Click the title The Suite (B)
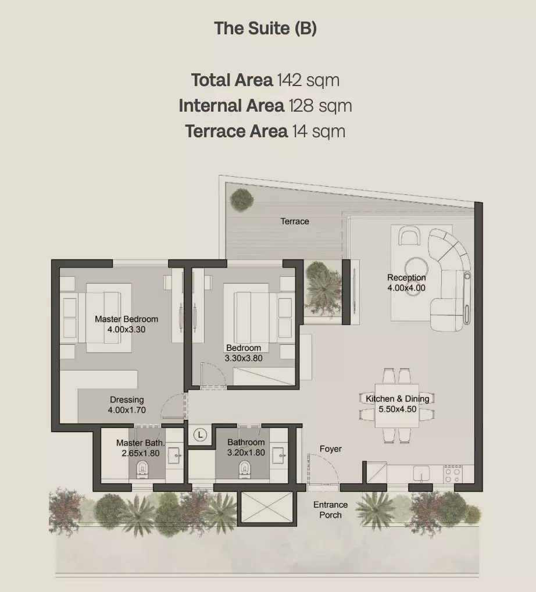265,28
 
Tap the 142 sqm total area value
308,80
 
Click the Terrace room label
295,221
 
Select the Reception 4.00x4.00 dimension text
406,288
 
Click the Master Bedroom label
127,319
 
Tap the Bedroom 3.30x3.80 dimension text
244,358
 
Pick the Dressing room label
127,400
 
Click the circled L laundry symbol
200,434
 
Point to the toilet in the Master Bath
142,469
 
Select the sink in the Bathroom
278,456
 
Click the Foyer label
331,448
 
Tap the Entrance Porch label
330,509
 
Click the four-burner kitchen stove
453,473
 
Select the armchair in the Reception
409,235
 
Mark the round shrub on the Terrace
242,199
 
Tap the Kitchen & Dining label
398,399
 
